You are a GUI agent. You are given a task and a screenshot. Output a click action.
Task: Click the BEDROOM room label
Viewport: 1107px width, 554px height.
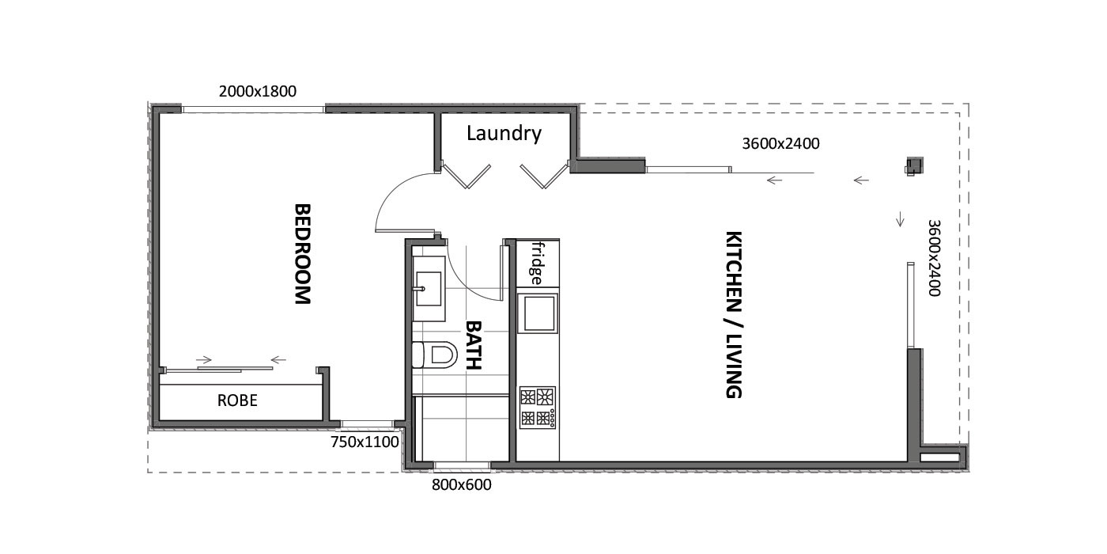(x=302, y=254)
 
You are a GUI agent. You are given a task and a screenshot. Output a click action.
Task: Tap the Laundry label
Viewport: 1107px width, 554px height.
(x=504, y=133)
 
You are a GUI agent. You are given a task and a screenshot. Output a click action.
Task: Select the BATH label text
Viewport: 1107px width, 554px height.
(x=474, y=345)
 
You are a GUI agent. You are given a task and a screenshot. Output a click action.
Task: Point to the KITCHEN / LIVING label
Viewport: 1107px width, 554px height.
(x=734, y=315)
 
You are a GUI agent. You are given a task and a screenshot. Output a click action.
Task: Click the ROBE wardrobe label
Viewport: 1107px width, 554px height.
(x=237, y=400)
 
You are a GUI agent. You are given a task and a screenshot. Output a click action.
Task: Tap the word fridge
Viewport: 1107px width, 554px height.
(x=536, y=263)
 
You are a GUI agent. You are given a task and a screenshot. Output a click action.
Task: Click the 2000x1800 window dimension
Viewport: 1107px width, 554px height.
(x=258, y=92)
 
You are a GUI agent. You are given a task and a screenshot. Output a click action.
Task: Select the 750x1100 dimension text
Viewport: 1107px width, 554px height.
(x=365, y=442)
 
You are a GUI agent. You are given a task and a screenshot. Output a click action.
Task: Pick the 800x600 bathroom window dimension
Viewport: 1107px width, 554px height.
(x=462, y=484)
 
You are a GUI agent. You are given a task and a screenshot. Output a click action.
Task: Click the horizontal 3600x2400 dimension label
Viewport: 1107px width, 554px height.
(x=781, y=143)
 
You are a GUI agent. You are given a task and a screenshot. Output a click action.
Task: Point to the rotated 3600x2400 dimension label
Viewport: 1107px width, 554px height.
(x=934, y=258)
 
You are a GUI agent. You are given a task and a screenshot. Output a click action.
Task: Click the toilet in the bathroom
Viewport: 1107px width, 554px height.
(x=435, y=355)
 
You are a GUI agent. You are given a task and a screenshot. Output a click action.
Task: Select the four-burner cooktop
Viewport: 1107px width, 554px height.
(x=538, y=408)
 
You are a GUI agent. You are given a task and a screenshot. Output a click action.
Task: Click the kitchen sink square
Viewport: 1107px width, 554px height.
(x=538, y=313)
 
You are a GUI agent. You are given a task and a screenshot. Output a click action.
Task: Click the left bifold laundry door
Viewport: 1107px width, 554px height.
(x=466, y=175)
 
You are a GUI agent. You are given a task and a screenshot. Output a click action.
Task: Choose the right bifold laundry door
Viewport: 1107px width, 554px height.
(x=545, y=175)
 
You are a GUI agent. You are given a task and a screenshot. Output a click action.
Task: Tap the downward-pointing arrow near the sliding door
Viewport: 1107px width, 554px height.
(x=900, y=219)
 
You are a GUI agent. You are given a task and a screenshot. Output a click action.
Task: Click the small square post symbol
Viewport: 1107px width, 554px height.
(x=914, y=165)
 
